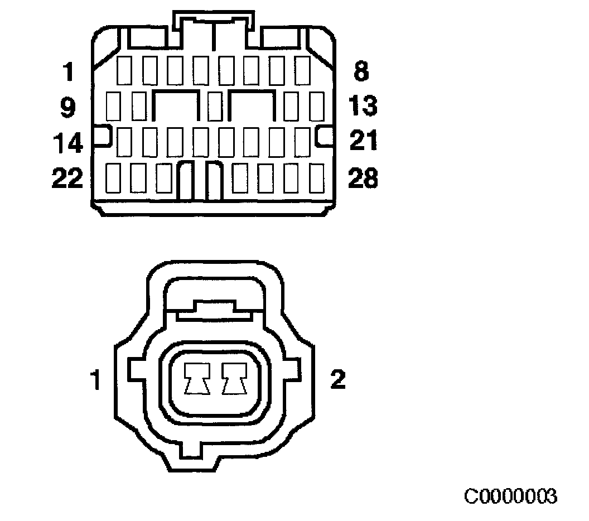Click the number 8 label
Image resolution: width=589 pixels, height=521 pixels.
pyautogui.click(x=361, y=72)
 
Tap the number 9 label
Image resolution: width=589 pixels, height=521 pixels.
pyautogui.click(x=67, y=107)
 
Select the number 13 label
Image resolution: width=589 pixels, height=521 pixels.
pyautogui.click(x=363, y=105)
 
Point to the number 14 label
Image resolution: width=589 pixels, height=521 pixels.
pyautogui.click(x=67, y=143)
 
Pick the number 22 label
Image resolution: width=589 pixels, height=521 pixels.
pyautogui.click(x=67, y=179)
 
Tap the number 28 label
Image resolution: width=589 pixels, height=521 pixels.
pyautogui.click(x=363, y=179)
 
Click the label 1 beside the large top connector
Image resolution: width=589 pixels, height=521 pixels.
pyautogui.click(x=68, y=72)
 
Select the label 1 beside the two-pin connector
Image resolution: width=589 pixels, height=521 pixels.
pyautogui.click(x=96, y=382)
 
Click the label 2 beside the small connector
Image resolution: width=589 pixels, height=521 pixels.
pyautogui.click(x=338, y=380)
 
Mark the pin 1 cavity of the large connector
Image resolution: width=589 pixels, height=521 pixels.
pyautogui.click(x=124, y=70)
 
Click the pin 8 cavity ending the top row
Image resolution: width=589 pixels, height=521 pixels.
pyautogui.click(x=303, y=70)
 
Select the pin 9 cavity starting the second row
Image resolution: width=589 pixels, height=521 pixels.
pyautogui.click(x=113, y=106)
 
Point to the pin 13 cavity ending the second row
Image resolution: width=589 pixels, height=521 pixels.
pyautogui.click(x=316, y=106)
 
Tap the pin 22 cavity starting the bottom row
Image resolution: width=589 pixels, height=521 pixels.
pyautogui.click(x=113, y=177)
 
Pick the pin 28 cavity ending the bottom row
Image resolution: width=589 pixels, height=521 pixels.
pyautogui.click(x=316, y=177)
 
